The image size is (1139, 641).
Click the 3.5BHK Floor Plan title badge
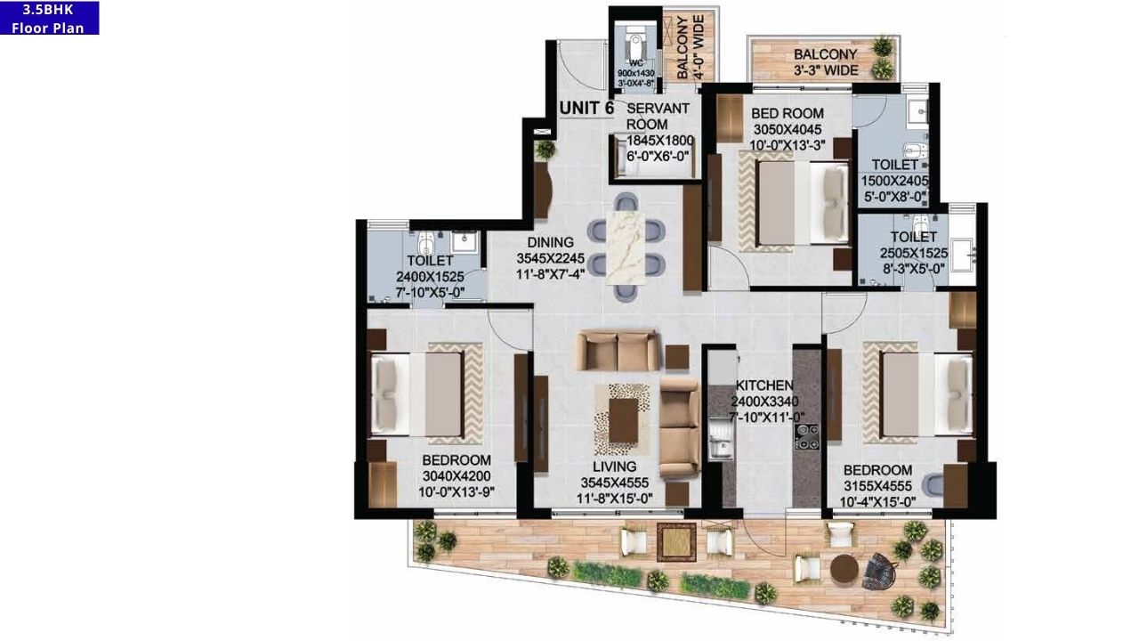tap(49, 18)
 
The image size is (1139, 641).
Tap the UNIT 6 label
tap(586, 108)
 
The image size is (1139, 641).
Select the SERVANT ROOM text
tap(658, 116)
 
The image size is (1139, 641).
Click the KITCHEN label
tap(763, 385)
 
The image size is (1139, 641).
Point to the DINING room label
tap(550, 242)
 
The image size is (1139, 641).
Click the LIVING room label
tap(614, 467)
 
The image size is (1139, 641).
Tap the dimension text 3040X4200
tap(456, 475)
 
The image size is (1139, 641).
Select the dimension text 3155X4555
tap(877, 486)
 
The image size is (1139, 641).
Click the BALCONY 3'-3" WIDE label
tap(826, 62)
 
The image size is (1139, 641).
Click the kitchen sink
tap(718, 442)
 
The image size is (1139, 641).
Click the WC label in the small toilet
tap(635, 63)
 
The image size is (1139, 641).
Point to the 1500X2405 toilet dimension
tap(894, 181)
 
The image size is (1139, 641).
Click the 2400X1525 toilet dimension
tap(430, 277)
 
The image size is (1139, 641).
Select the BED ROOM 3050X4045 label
tap(787, 113)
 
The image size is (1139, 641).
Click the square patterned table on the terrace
tap(676, 541)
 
